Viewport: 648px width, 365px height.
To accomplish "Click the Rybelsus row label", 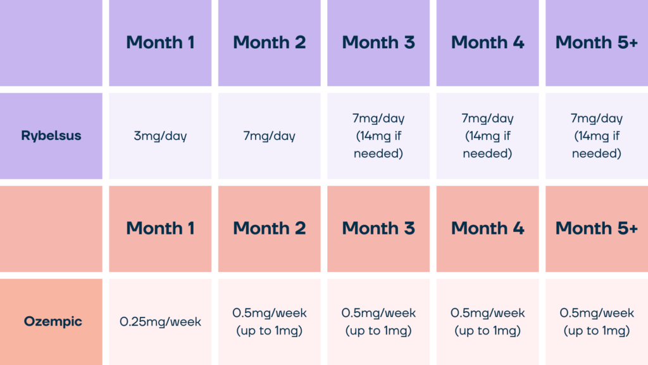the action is [x=51, y=136].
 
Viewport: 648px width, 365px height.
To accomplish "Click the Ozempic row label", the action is [x=53, y=321].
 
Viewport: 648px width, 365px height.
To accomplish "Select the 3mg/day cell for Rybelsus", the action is [x=160, y=136].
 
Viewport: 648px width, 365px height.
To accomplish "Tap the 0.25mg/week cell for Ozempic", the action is [x=160, y=321].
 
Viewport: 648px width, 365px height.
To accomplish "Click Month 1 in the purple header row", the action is [x=160, y=42].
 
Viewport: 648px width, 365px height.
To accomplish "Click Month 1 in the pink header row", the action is [x=160, y=228].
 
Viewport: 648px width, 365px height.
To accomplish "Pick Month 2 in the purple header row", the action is [x=270, y=42].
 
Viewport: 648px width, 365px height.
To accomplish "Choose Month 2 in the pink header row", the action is [x=270, y=228].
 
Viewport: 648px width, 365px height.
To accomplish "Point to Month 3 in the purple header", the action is [x=378, y=42].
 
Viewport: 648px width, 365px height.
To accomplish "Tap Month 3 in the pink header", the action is [x=378, y=228].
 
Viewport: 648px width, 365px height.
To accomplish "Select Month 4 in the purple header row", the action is [x=488, y=42].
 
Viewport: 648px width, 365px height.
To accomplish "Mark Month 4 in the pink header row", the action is [x=488, y=228].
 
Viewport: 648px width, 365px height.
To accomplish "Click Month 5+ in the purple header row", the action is [x=597, y=42].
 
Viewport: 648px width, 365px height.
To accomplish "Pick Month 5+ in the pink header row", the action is [x=597, y=228].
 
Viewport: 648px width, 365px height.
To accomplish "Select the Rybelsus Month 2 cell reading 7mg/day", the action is [x=270, y=136].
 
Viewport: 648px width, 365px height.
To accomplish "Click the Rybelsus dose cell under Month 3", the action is [x=378, y=136].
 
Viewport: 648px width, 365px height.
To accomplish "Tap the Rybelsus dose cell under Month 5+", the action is [x=597, y=136].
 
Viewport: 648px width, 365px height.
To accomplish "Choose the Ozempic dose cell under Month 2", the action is [x=270, y=321].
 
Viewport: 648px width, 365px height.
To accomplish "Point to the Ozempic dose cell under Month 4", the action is [x=488, y=321].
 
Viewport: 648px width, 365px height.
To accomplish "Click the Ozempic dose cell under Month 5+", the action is [x=597, y=321].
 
